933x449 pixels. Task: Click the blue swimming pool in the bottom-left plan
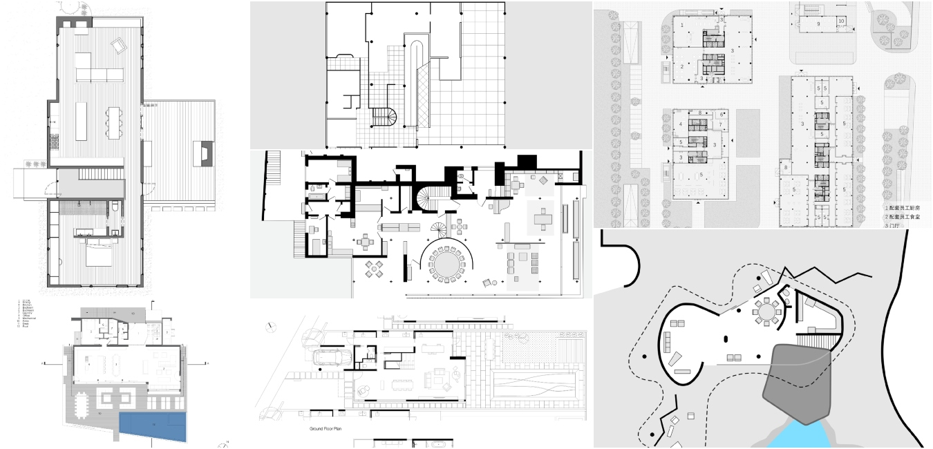coord(153,428)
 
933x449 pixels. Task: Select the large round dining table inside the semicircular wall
coord(447,262)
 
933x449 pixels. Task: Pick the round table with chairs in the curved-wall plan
coord(766,311)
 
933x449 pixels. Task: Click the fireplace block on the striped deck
coord(205,152)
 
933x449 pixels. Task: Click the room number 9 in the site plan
coord(818,23)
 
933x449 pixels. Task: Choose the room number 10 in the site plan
coord(841,21)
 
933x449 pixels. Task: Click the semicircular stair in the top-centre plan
coord(384,119)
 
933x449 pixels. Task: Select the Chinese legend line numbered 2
coord(907,216)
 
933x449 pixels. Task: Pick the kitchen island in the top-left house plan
coord(82,122)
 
